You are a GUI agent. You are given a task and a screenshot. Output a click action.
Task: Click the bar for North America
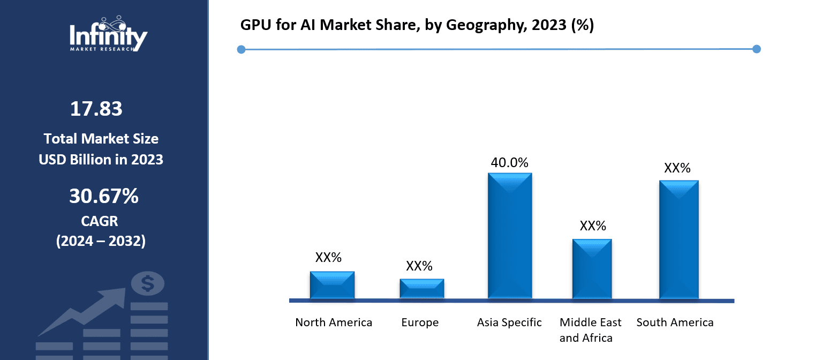pyautogui.click(x=332, y=285)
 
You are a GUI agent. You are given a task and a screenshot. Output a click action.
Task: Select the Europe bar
pyautogui.click(x=421, y=288)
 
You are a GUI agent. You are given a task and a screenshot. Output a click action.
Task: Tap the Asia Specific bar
pyautogui.click(x=510, y=236)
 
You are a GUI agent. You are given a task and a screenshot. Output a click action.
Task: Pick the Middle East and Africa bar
pyautogui.click(x=592, y=269)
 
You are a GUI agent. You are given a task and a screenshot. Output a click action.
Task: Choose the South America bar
pyautogui.click(x=678, y=239)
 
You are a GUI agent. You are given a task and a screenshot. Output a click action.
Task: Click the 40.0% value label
pyautogui.click(x=509, y=163)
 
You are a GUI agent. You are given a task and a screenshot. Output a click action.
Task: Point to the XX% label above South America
pyautogui.click(x=677, y=169)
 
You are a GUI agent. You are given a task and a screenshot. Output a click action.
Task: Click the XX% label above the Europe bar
pyautogui.click(x=419, y=266)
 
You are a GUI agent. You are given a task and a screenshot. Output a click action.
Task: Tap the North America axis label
pyautogui.click(x=334, y=322)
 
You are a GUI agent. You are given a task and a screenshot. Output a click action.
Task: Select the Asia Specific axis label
pyautogui.click(x=509, y=322)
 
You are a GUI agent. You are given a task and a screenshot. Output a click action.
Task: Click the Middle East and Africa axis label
pyautogui.click(x=591, y=330)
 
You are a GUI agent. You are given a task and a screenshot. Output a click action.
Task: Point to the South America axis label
pyautogui.click(x=675, y=322)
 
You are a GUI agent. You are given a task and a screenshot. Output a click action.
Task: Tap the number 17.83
pyautogui.click(x=96, y=109)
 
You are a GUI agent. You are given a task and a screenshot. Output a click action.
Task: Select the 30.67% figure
pyautogui.click(x=103, y=197)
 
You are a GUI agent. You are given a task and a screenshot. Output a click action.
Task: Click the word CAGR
pyautogui.click(x=100, y=221)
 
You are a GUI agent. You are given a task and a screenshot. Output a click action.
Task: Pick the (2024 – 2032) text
pyautogui.click(x=101, y=241)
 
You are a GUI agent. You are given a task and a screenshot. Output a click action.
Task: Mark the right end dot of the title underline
pyautogui.click(x=756, y=49)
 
